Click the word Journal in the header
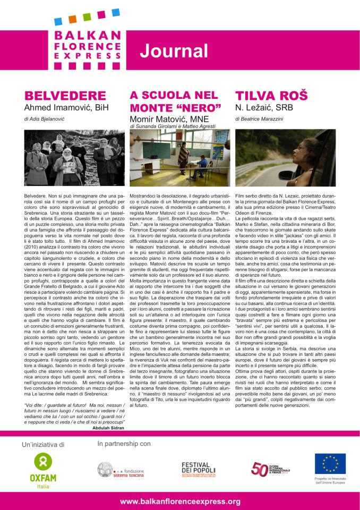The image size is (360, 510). pos(174,50)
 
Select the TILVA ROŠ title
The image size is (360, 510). pos(271,96)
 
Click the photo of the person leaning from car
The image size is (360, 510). pos(285,158)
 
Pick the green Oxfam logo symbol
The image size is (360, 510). pos(42,461)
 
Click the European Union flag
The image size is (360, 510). pos(330,463)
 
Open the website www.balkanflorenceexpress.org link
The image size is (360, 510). pos(180,501)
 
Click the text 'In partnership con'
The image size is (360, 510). pos(124,443)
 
